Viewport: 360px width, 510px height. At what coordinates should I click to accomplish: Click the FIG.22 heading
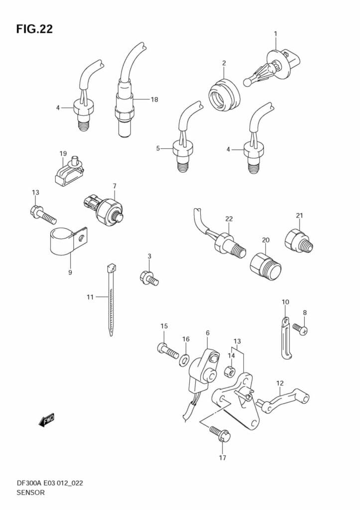[34, 29]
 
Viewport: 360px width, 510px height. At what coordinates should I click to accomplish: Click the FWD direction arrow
[46, 420]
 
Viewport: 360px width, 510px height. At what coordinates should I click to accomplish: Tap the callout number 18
[154, 100]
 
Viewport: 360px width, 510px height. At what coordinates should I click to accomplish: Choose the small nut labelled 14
[231, 371]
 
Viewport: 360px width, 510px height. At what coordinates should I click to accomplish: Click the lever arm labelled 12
[283, 399]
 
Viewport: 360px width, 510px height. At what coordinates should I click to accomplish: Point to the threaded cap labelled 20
[266, 266]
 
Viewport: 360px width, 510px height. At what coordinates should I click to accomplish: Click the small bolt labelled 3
[149, 278]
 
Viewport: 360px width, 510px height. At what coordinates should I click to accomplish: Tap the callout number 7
[115, 186]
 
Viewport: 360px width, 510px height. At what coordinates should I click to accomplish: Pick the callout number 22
[229, 219]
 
